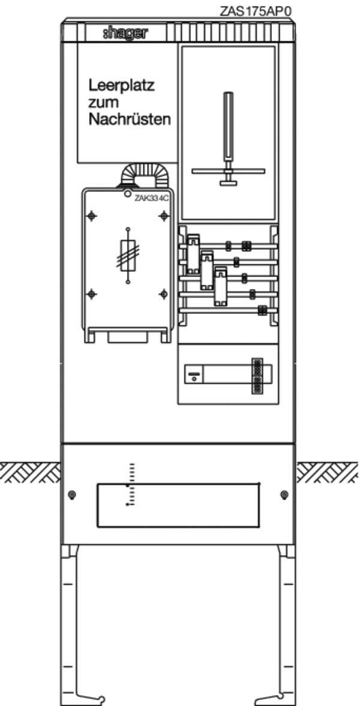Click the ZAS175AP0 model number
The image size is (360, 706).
tap(256, 11)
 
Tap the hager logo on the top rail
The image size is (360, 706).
tap(125, 33)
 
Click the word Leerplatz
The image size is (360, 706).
tap(122, 86)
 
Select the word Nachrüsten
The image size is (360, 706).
tap(130, 119)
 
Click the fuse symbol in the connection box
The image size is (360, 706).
tap(128, 256)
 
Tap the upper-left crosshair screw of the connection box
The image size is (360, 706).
tap(92, 216)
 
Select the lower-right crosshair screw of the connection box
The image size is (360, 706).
tap(164, 295)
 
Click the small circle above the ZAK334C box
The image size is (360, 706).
tap(128, 194)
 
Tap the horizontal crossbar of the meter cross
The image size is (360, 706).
tap(229, 171)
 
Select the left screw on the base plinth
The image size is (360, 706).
tap(71, 495)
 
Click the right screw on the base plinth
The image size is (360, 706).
tap(284, 495)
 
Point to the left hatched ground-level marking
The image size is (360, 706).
tap(30, 472)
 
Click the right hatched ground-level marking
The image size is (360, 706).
tap(328, 472)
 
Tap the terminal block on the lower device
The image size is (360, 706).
tap(257, 376)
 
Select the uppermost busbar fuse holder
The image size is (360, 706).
tap(193, 254)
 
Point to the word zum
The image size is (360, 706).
tap(104, 103)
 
